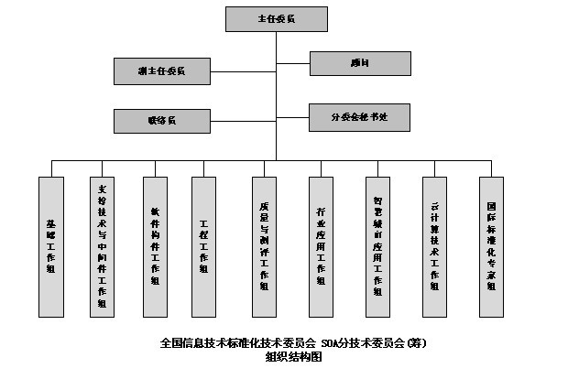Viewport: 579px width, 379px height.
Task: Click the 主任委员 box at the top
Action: (278, 18)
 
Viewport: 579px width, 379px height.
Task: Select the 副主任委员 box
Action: (161, 70)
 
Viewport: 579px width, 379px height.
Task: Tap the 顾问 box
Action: (360, 63)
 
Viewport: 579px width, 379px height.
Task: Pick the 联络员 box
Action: (161, 121)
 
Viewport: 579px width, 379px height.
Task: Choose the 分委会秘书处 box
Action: (360, 117)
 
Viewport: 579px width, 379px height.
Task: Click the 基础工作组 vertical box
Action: (50, 246)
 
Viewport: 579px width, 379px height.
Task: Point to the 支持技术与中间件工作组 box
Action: (102, 246)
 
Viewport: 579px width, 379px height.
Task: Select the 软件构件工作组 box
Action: (154, 246)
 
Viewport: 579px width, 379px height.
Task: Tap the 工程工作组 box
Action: (203, 246)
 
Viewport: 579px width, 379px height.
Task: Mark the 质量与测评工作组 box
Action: (264, 246)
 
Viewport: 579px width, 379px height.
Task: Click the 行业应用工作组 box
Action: (321, 246)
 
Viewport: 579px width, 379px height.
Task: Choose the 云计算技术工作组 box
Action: (434, 246)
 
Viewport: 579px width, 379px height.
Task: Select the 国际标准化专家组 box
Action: (491, 246)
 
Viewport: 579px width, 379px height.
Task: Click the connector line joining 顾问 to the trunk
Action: (293, 63)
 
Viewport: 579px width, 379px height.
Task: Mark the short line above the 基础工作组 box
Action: (50, 168)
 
